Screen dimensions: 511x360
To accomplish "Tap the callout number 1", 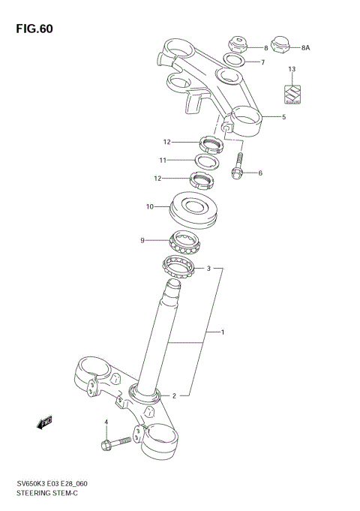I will (x=222, y=331).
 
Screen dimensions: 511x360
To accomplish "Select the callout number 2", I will (x=174, y=395).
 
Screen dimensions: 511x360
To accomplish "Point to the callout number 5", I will (x=283, y=116).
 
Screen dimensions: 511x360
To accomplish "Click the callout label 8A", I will (x=305, y=47).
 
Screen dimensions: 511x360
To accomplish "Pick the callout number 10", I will (x=150, y=206).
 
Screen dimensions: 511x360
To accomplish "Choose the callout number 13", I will (x=292, y=69).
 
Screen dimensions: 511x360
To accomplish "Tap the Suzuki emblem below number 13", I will (x=292, y=92).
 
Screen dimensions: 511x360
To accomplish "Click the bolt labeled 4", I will (x=114, y=443).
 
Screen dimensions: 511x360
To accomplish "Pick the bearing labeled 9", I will (x=185, y=242).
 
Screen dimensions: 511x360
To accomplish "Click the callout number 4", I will (x=106, y=422).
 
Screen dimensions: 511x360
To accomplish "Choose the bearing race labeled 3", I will (x=180, y=265).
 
